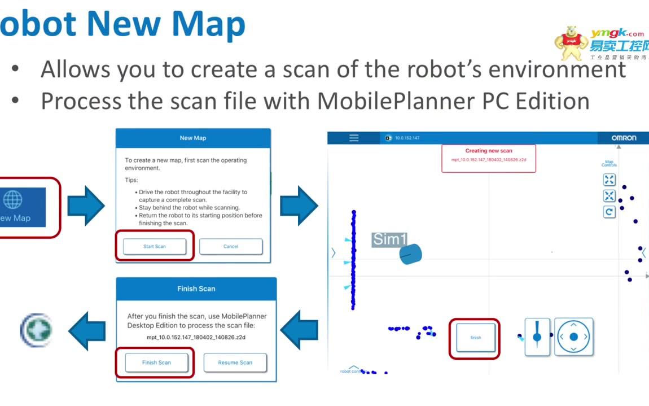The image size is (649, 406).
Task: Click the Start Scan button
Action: click(x=155, y=246)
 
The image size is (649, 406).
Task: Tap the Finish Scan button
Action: click(x=156, y=363)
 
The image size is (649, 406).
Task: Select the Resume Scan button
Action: click(x=235, y=363)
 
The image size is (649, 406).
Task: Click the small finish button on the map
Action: click(x=475, y=338)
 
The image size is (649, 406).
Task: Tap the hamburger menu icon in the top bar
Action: click(x=354, y=138)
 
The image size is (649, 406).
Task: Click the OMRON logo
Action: click(x=623, y=138)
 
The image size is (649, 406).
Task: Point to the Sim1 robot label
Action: click(x=389, y=239)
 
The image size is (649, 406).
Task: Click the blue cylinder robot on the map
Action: click(x=410, y=254)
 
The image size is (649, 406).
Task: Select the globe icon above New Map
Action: click(x=13, y=199)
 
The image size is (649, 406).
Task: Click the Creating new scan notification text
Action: click(x=489, y=151)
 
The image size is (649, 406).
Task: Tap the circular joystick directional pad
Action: click(x=573, y=337)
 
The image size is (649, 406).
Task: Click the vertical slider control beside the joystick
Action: click(x=537, y=337)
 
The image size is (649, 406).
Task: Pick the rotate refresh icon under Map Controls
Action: click(x=609, y=212)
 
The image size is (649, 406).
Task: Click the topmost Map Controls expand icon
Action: click(x=609, y=180)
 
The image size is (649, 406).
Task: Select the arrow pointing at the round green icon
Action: click(x=86, y=330)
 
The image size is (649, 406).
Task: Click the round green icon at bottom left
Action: click(x=36, y=330)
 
